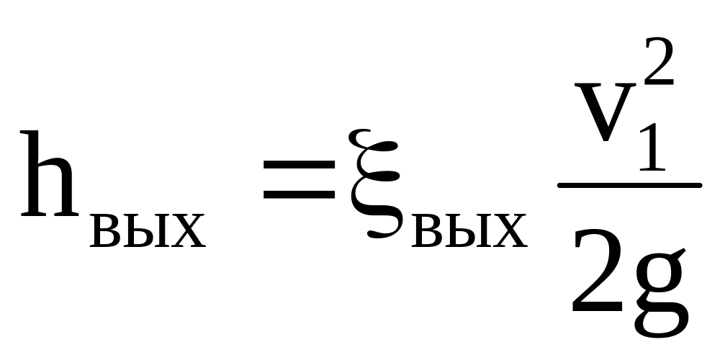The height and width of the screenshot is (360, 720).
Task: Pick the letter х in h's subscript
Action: (x=189, y=231)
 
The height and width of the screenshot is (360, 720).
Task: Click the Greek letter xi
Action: (x=374, y=184)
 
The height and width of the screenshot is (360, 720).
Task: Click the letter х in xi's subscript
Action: (x=510, y=231)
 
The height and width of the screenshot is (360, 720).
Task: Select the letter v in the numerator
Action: (x=606, y=112)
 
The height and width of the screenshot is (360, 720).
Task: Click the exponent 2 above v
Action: (x=659, y=61)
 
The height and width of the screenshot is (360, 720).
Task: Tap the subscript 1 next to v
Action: (x=653, y=147)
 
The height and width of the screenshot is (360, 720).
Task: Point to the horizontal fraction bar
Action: (x=629, y=186)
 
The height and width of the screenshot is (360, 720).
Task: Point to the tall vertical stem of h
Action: (x=35, y=174)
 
